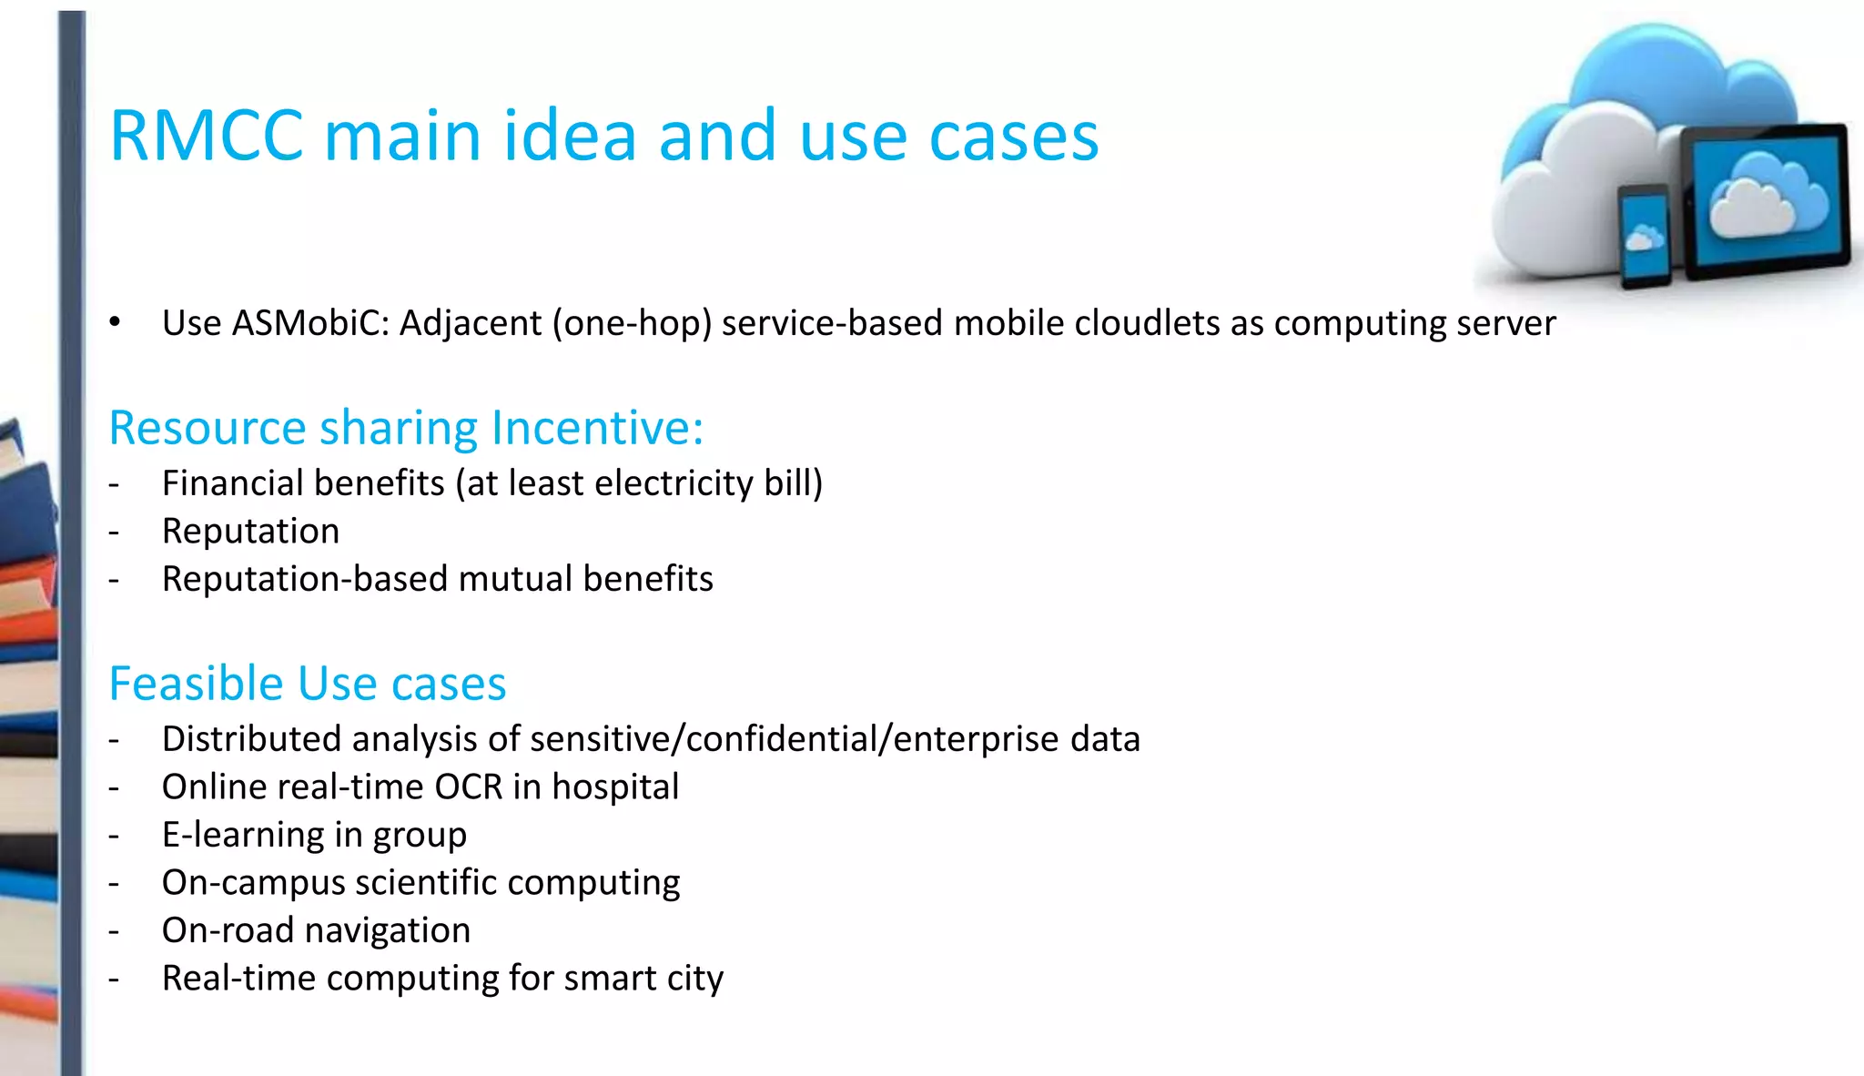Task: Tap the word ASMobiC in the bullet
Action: [310, 323]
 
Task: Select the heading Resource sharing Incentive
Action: [406, 428]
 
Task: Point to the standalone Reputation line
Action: [250, 532]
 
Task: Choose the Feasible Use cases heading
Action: [307, 684]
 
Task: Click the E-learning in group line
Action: [314, 835]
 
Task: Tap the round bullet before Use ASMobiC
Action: [115, 322]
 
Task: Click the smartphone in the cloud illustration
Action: [1644, 236]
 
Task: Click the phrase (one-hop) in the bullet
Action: [632, 323]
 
